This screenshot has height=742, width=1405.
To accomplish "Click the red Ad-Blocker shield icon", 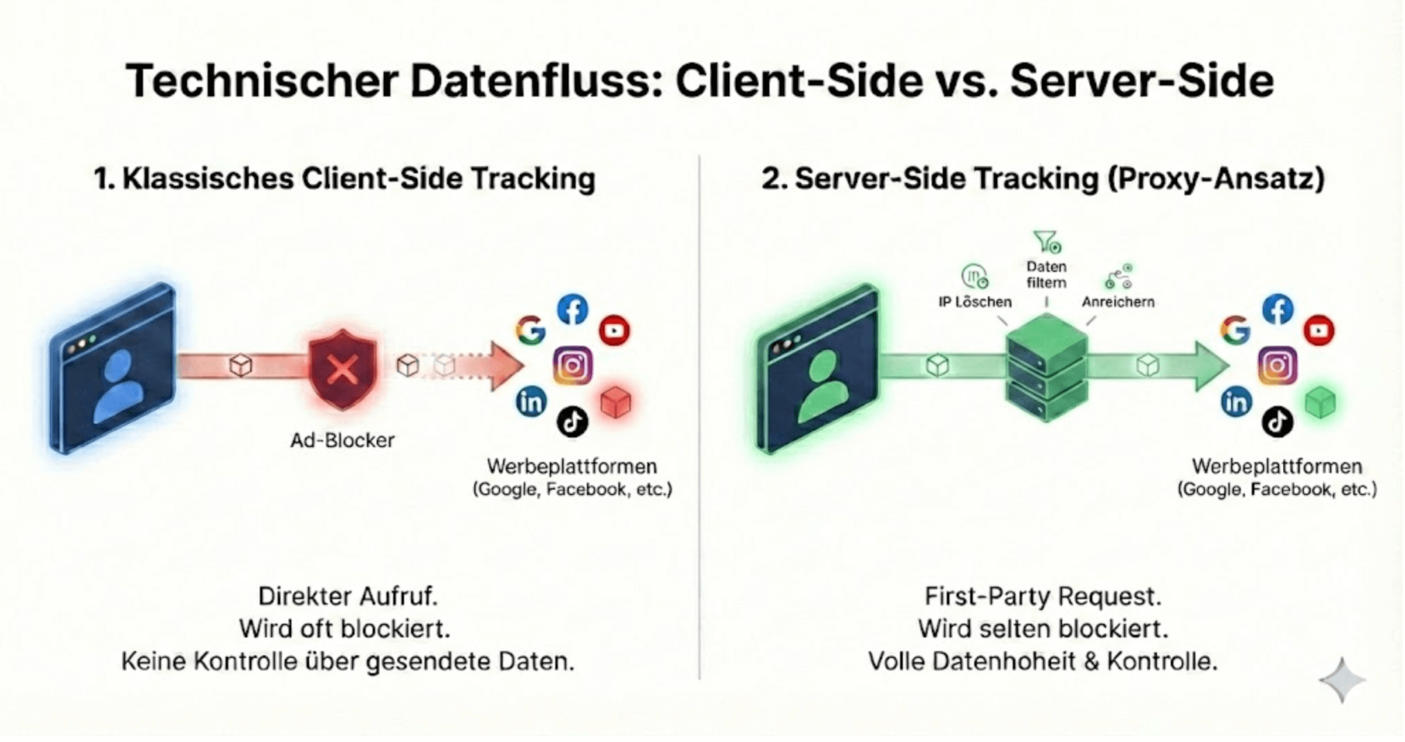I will tap(342, 369).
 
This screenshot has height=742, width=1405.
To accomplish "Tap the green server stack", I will tap(1046, 369).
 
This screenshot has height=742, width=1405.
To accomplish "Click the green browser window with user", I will tap(818, 369).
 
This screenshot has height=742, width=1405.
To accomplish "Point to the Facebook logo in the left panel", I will tap(573, 310).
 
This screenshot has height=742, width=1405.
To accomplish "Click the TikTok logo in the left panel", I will tap(572, 421).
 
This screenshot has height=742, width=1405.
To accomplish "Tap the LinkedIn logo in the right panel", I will tap(1236, 402).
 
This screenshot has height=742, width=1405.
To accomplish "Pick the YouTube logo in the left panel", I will tap(614, 330).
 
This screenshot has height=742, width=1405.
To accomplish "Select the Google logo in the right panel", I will tap(1235, 330).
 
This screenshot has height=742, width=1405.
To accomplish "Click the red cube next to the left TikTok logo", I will tap(615, 402).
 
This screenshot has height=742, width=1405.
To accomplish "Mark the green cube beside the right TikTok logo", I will tap(1320, 402).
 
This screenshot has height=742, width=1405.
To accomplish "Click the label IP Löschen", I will tap(975, 301).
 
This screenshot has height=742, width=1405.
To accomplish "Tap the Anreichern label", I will tap(1118, 301).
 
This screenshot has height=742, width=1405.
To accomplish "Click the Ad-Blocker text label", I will tap(342, 440).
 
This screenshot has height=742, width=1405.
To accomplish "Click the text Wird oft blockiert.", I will tap(345, 628).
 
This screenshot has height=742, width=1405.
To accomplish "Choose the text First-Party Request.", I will tap(1043, 596).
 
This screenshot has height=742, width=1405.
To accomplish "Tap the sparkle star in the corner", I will tap(1342, 680).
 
